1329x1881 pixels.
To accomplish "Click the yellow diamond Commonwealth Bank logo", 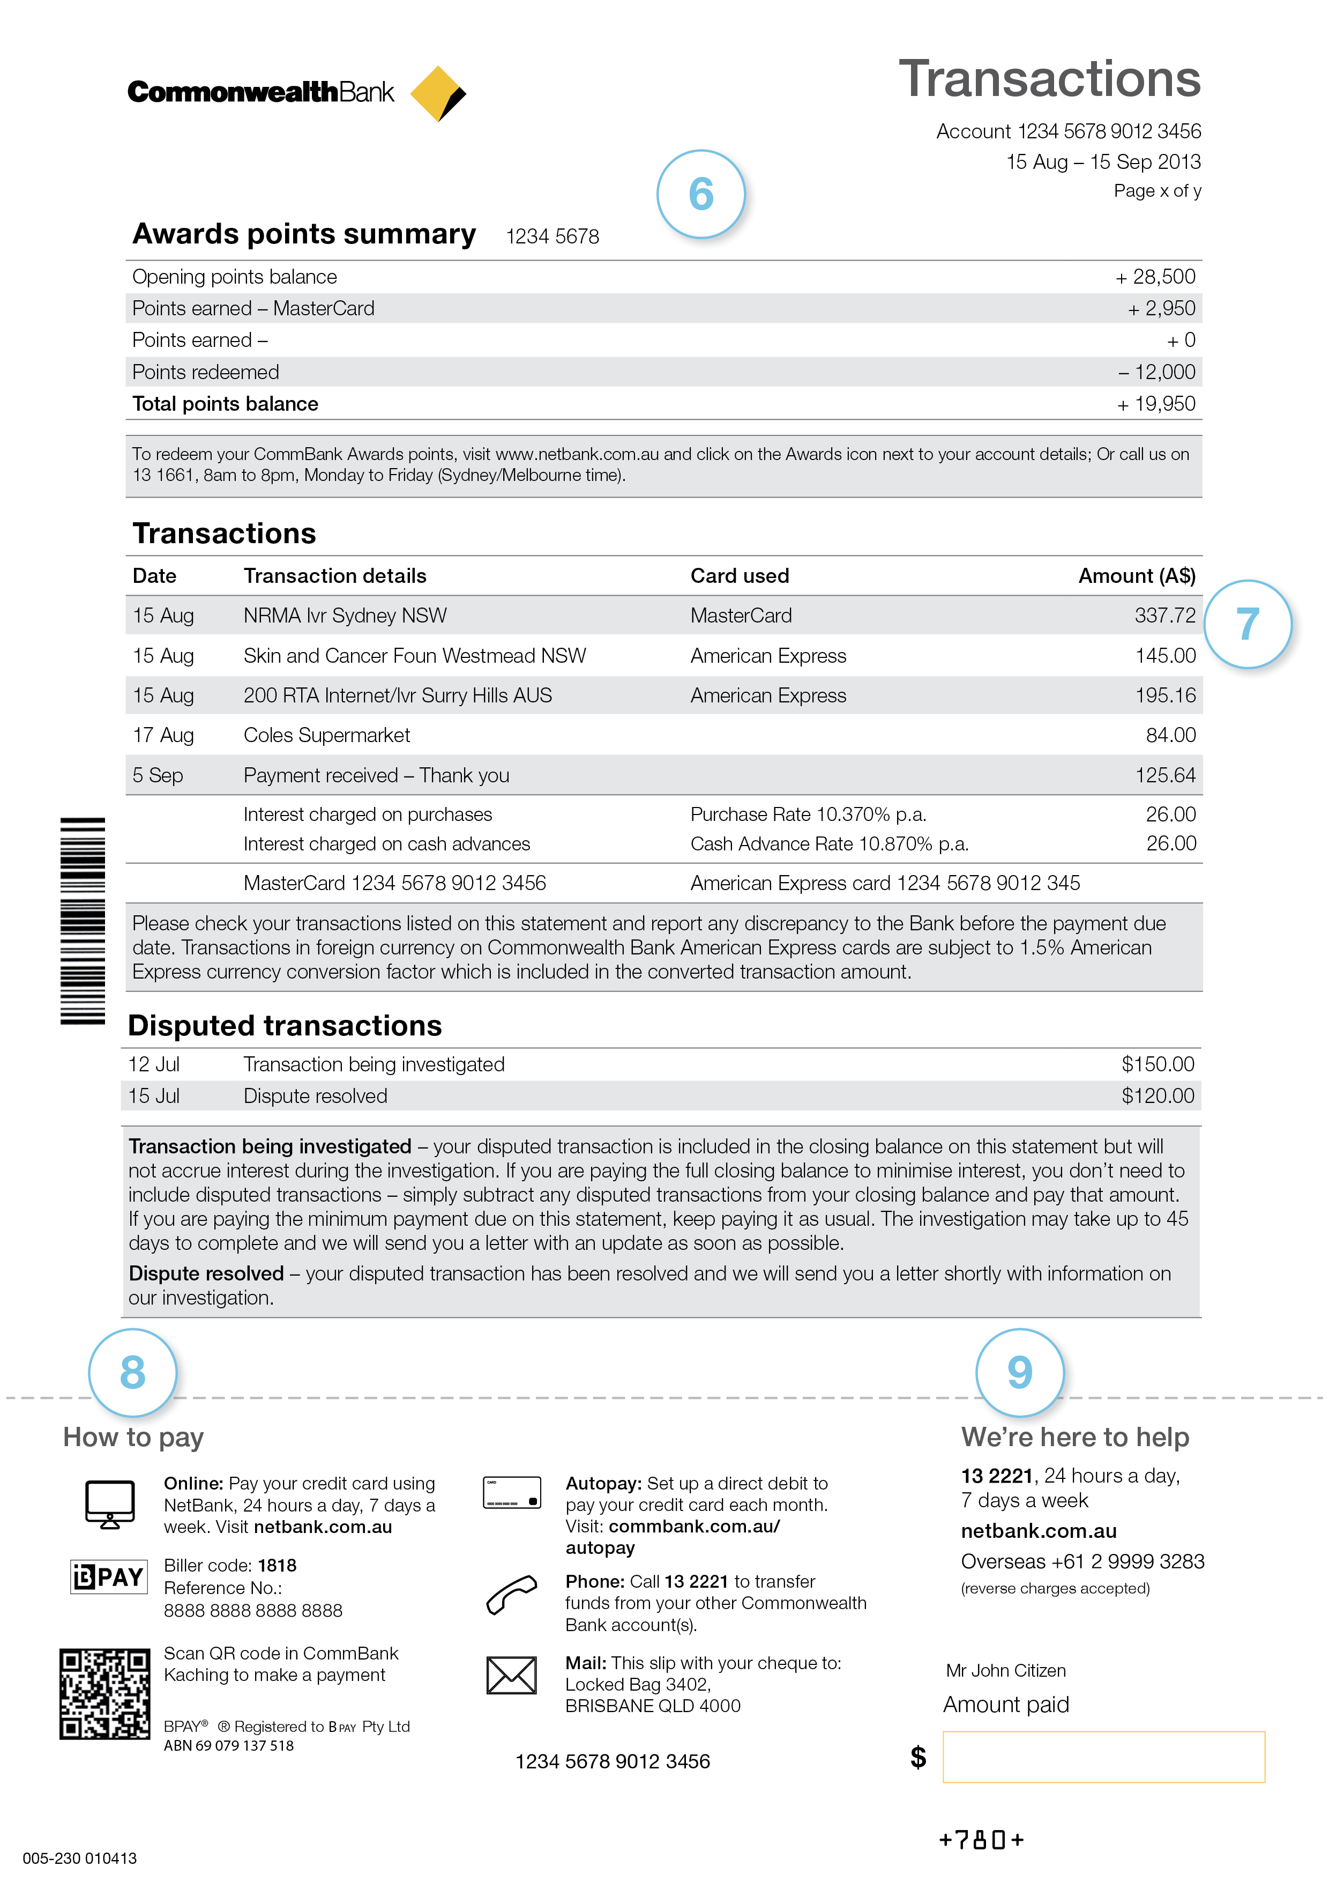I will [x=437, y=93].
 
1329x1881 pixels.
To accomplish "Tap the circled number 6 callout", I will [x=701, y=194].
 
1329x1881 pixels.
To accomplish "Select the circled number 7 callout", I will [x=1247, y=624].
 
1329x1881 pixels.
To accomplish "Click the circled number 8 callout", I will [x=133, y=1372].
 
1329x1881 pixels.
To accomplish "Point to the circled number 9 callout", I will [x=1019, y=1372].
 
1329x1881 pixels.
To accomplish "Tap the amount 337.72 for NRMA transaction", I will [x=1164, y=615].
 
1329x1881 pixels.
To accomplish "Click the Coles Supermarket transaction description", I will [x=327, y=735].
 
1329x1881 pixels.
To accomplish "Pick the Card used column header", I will [x=740, y=576].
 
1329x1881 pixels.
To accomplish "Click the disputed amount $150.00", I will [x=1157, y=1064].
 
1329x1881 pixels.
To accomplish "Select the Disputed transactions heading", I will [x=285, y=1026].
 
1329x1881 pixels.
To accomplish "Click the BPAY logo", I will [x=109, y=1576].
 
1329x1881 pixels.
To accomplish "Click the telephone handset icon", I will [x=512, y=1594].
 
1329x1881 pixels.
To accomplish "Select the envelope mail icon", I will [x=512, y=1676].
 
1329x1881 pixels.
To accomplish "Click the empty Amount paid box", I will [x=1103, y=1757].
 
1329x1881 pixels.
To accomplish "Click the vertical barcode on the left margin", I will [x=83, y=921].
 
